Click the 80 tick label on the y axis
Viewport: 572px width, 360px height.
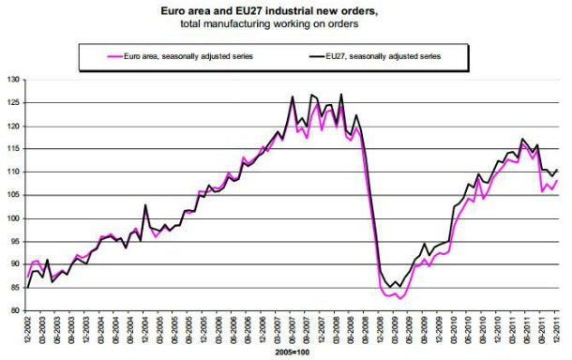click(x=16, y=310)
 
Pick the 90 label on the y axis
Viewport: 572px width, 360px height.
click(x=16, y=264)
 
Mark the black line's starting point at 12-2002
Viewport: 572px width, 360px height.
click(x=28, y=287)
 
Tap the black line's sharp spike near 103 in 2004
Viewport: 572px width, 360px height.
click(x=145, y=204)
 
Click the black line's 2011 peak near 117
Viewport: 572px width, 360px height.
click(x=522, y=139)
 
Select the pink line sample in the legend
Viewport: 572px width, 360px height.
click(x=119, y=56)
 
